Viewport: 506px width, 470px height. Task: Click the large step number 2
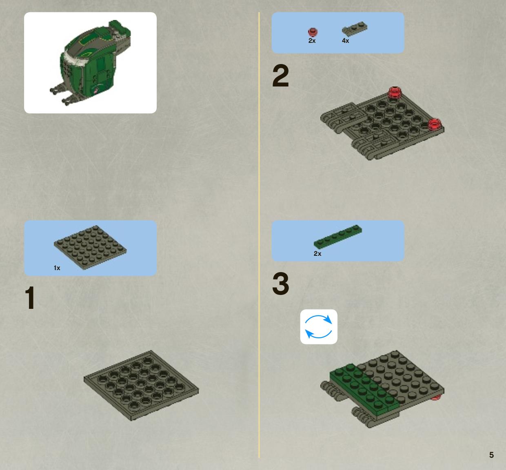pos(280,75)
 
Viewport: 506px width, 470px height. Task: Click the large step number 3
pos(280,284)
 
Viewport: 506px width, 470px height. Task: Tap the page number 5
pos(491,455)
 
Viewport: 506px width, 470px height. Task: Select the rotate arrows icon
pos(318,326)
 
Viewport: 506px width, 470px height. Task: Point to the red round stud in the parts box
pos(313,32)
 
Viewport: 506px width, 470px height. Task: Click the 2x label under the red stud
pos(312,41)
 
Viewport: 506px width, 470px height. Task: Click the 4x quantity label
pos(346,41)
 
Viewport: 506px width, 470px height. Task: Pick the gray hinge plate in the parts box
pos(354,29)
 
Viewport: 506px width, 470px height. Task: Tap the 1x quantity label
pos(57,268)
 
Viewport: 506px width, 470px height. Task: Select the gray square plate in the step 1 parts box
pos(90,247)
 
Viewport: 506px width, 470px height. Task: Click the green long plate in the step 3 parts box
pos(338,237)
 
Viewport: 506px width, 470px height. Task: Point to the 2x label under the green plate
pos(317,254)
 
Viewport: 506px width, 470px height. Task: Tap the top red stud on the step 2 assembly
pos(395,93)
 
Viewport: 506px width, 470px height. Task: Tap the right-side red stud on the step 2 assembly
pos(434,124)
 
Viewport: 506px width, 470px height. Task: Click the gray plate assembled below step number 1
pos(141,386)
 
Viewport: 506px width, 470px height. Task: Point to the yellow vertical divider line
pos(259,234)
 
